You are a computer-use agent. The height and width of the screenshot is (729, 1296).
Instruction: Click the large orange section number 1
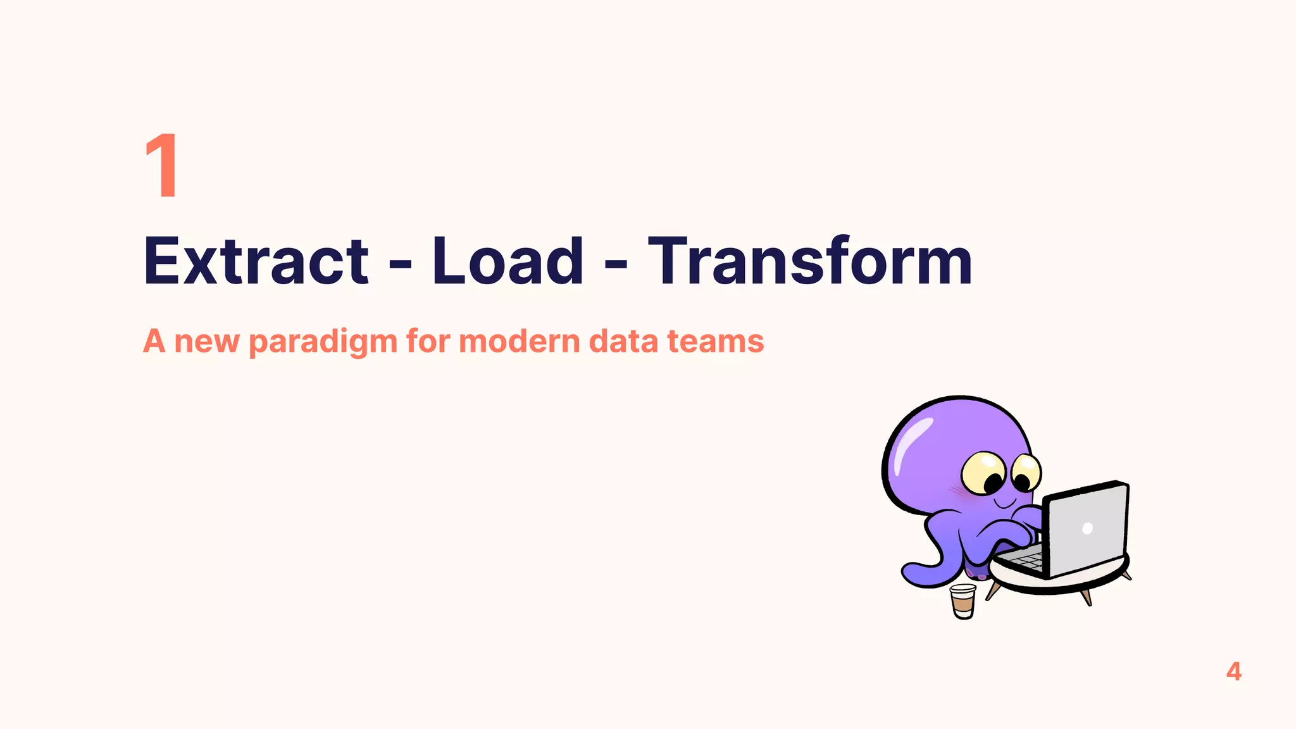[162, 166]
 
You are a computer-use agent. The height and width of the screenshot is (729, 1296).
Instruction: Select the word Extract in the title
[256, 261]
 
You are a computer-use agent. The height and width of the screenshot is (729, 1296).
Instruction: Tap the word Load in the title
[507, 261]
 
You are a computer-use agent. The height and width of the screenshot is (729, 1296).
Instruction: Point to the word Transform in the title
[809, 261]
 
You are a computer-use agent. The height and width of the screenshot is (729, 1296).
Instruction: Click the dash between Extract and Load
[400, 265]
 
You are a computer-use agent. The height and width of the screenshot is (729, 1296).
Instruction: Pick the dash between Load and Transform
[616, 265]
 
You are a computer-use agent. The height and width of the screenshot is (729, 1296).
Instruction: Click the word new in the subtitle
[206, 342]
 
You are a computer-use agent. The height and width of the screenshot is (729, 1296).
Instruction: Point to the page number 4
[1233, 671]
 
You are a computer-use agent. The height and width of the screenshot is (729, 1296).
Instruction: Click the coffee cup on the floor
[963, 601]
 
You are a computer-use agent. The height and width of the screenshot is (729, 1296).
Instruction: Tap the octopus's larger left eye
[983, 473]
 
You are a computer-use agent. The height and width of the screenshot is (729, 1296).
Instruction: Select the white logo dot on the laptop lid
[1087, 528]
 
